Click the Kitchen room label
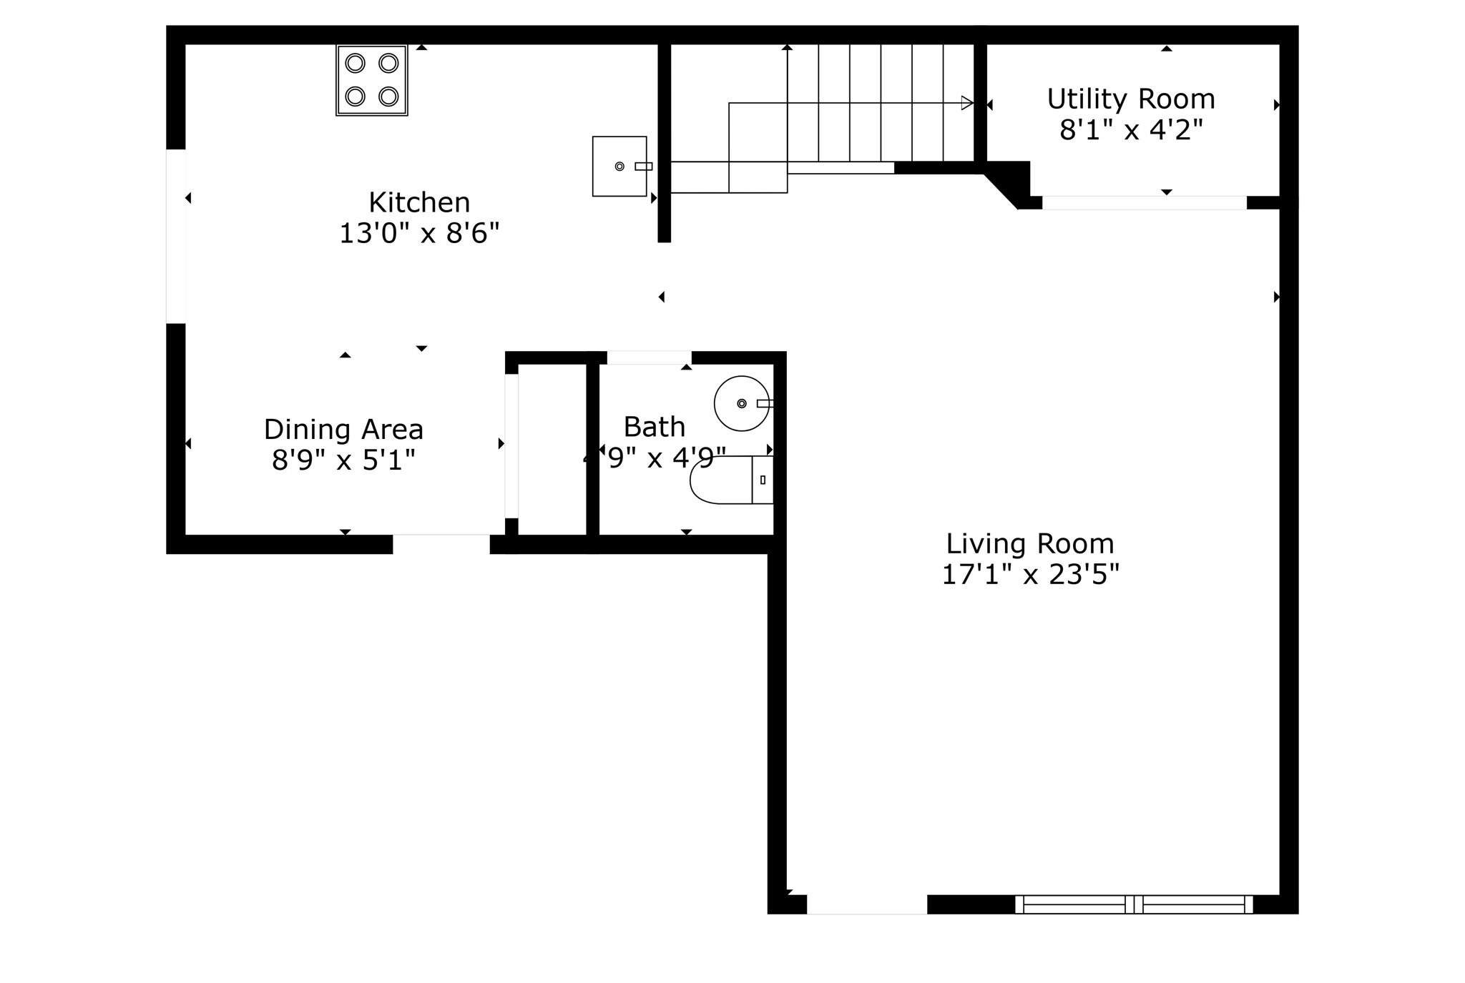tap(419, 203)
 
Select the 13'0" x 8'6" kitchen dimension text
tap(419, 234)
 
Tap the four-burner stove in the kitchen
tap(372, 80)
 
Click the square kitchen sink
tap(619, 167)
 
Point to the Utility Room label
tap(1131, 99)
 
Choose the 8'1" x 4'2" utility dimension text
tap(1131, 131)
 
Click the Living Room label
tap(1030, 544)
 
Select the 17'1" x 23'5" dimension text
tap(1030, 575)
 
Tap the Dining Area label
tap(344, 430)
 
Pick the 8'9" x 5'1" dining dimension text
tap(344, 460)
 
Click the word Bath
tap(654, 427)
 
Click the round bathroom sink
tap(742, 403)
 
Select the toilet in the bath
tap(730, 480)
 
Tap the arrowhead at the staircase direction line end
tap(967, 103)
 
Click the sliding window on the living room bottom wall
tap(1134, 904)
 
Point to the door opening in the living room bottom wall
tap(867, 904)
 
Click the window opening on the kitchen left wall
tap(176, 236)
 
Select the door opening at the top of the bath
tap(649, 357)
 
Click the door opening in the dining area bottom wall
tap(441, 544)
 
